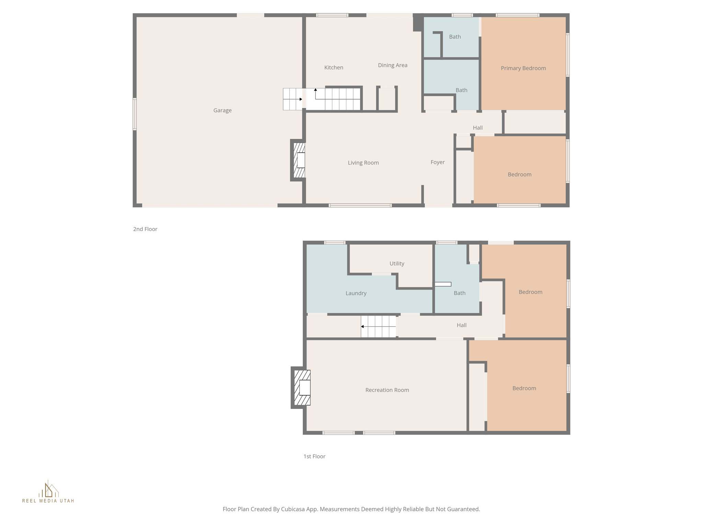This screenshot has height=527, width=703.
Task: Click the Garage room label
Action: click(x=222, y=110)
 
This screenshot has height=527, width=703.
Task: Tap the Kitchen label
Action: click(x=334, y=68)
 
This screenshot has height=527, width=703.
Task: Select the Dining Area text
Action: click(x=392, y=65)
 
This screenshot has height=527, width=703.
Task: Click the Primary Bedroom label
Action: click(x=523, y=68)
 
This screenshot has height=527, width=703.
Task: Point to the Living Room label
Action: click(x=363, y=163)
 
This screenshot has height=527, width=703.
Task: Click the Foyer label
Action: click(x=437, y=162)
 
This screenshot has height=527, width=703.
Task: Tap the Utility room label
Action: click(x=396, y=263)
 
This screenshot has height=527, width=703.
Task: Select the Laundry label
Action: click(x=356, y=293)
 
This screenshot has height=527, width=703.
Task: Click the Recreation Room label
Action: click(x=387, y=390)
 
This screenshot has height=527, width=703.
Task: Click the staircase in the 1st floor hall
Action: click(x=379, y=327)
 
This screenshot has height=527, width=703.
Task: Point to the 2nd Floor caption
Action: click(x=145, y=229)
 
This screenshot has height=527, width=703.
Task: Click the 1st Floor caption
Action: click(x=314, y=456)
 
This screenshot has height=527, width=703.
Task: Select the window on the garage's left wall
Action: click(x=135, y=114)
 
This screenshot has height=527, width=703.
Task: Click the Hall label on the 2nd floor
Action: click(x=477, y=128)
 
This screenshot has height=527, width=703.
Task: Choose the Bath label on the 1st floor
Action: click(x=459, y=293)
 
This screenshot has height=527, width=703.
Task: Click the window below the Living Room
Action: click(x=360, y=206)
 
